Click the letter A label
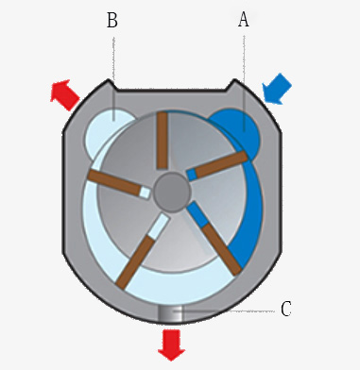(243, 20)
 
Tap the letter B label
(112, 20)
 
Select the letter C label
(287, 309)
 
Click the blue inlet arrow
(276, 92)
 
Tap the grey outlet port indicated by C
(171, 312)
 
